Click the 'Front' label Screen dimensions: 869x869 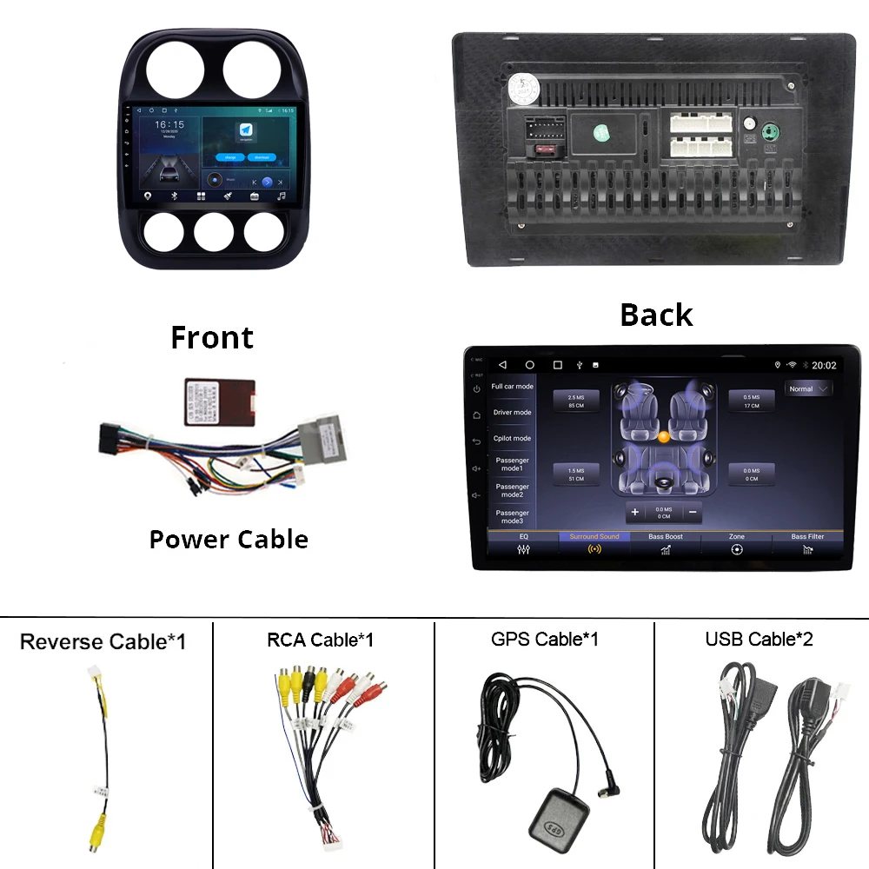tap(212, 337)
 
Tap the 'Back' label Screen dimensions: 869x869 tap(656, 315)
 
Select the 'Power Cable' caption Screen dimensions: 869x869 tap(229, 539)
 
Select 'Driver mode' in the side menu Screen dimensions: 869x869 tap(512, 413)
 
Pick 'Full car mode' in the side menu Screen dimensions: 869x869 tap(512, 387)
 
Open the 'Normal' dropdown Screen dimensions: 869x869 tap(808, 389)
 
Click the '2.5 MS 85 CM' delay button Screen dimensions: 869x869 tap(576, 401)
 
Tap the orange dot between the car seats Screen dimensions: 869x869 tap(664, 436)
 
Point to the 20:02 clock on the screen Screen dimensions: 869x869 tap(824, 366)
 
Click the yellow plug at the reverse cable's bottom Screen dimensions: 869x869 tap(95, 836)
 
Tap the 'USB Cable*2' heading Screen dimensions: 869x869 tap(760, 640)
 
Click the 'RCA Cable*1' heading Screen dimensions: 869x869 tap(320, 640)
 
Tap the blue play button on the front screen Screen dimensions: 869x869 tap(267, 182)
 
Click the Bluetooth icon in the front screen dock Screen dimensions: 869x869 tap(175, 196)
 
